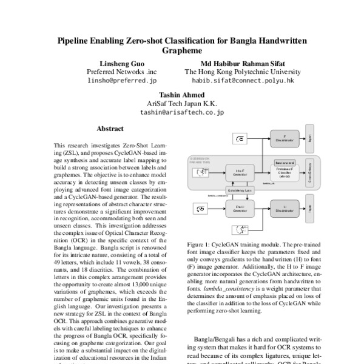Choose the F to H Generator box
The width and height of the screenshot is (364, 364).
point(238,210)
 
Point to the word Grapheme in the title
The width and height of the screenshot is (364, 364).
point(182,52)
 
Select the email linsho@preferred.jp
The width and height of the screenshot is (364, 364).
point(123,79)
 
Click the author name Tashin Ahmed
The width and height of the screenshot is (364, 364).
point(182,96)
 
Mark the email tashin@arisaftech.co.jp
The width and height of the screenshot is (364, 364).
point(182,113)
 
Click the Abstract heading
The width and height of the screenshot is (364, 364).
point(110,129)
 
